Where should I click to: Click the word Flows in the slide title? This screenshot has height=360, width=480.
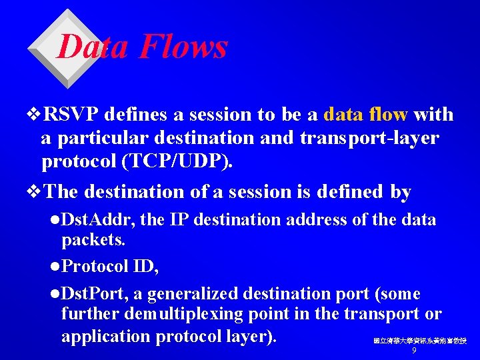183,47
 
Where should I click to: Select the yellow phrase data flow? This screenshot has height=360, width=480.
365,115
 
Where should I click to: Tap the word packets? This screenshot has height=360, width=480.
88,239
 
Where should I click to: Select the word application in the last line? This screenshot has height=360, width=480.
105,335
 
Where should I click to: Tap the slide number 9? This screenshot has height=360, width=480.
414,350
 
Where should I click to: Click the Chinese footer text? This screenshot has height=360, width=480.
419,341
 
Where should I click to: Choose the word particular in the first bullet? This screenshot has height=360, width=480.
91,138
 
